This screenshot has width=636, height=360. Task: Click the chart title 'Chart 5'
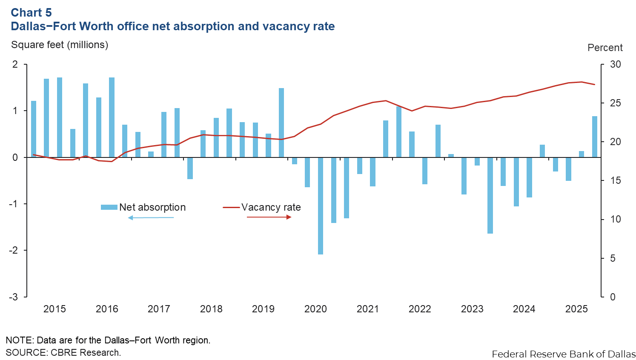click(x=31, y=12)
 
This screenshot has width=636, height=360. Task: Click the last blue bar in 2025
click(x=594, y=137)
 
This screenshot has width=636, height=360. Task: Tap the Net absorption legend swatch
click(x=109, y=207)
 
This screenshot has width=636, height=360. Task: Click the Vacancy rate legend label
click(x=271, y=207)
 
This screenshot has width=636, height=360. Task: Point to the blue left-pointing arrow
click(x=151, y=218)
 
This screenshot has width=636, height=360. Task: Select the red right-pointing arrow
click(x=269, y=217)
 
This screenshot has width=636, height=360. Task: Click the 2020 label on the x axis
click(x=315, y=309)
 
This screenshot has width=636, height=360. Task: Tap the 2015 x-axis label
click(x=54, y=309)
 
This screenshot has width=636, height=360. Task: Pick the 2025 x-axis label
click(x=576, y=309)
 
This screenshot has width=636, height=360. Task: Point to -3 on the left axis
click(x=14, y=297)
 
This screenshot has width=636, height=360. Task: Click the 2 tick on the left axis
click(x=15, y=65)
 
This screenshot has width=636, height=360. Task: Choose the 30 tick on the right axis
click(x=616, y=65)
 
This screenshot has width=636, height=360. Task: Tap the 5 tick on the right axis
click(x=613, y=258)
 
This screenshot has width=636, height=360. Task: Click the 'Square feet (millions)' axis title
click(x=60, y=45)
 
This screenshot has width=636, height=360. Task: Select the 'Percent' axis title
click(x=605, y=48)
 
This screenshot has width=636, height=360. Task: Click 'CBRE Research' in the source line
click(x=85, y=352)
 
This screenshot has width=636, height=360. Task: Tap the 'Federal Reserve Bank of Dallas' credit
click(x=564, y=354)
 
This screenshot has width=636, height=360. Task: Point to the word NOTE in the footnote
click(x=19, y=340)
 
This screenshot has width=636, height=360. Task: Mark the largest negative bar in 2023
click(x=490, y=195)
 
